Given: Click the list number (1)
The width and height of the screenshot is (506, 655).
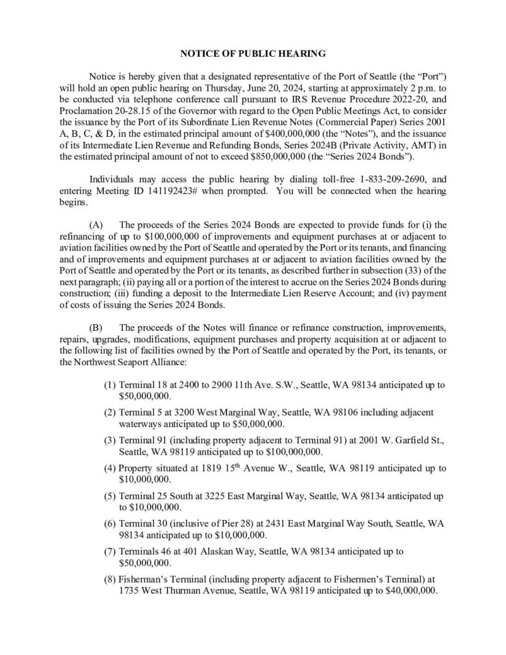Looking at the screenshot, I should coord(110,386).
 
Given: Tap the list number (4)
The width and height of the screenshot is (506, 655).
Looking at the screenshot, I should coord(110,468).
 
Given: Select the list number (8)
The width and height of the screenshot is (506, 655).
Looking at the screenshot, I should coord(110,580).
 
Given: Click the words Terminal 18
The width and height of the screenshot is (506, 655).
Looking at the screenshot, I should coord(142,386).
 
